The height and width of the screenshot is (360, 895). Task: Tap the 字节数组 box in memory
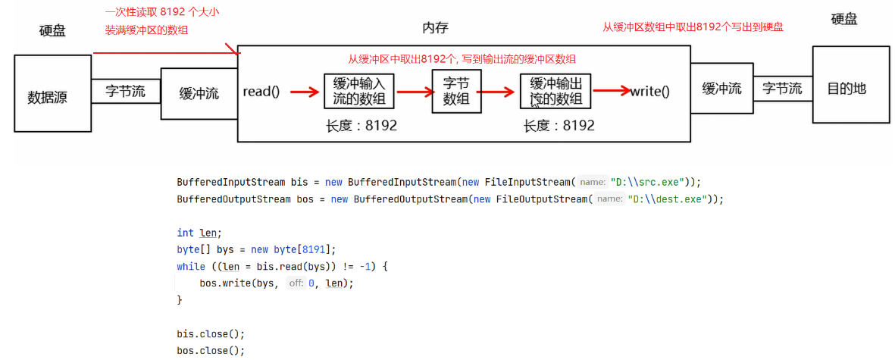point(455,91)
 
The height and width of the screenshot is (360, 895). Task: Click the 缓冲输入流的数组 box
point(359,92)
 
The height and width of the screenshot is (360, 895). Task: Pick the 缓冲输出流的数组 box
point(555,92)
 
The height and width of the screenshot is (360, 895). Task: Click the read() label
point(261,92)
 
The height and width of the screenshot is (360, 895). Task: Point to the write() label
point(650,92)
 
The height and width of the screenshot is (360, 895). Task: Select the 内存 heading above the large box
point(435,28)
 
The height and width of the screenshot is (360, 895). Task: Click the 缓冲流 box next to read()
point(199,94)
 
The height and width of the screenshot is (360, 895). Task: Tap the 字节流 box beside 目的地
point(782,89)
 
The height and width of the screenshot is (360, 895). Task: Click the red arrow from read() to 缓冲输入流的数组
point(303,92)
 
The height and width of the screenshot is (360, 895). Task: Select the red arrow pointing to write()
point(612,92)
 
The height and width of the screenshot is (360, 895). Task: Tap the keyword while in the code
point(191,266)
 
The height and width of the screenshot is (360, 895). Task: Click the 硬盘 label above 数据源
point(52,31)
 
